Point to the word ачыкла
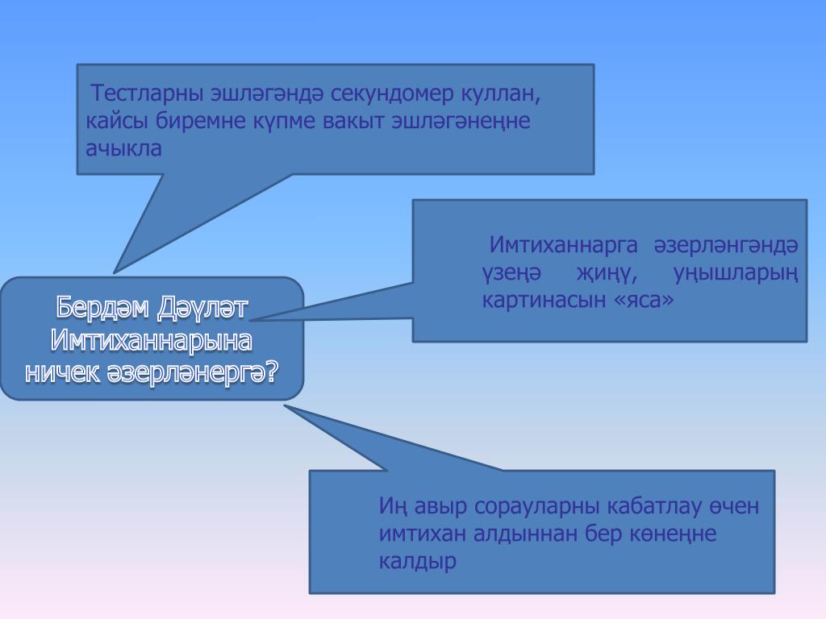click(x=123, y=148)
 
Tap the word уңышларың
click(x=736, y=272)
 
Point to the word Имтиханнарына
click(x=152, y=340)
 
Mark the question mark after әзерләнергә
click(x=272, y=372)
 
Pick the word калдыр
click(x=417, y=561)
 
